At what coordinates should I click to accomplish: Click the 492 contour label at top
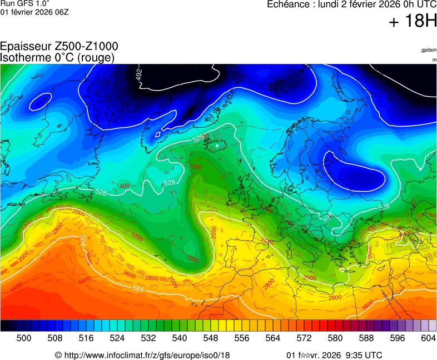pyautogui.click(x=139, y=74)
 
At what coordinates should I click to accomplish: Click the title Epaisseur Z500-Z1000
pyautogui.click(x=59, y=47)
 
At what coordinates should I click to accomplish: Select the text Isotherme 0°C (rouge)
pyautogui.click(x=58, y=57)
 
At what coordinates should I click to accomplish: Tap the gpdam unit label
pyautogui.click(x=429, y=50)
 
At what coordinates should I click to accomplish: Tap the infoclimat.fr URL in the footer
pyautogui.click(x=147, y=355)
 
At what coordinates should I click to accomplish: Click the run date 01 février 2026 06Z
pyautogui.click(x=34, y=12)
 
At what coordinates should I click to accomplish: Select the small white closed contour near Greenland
pyautogui.click(x=158, y=134)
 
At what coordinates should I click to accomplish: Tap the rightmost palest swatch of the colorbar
pyautogui.click(x=433, y=326)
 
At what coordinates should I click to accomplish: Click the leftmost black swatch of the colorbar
pyautogui.click(x=4, y=326)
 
